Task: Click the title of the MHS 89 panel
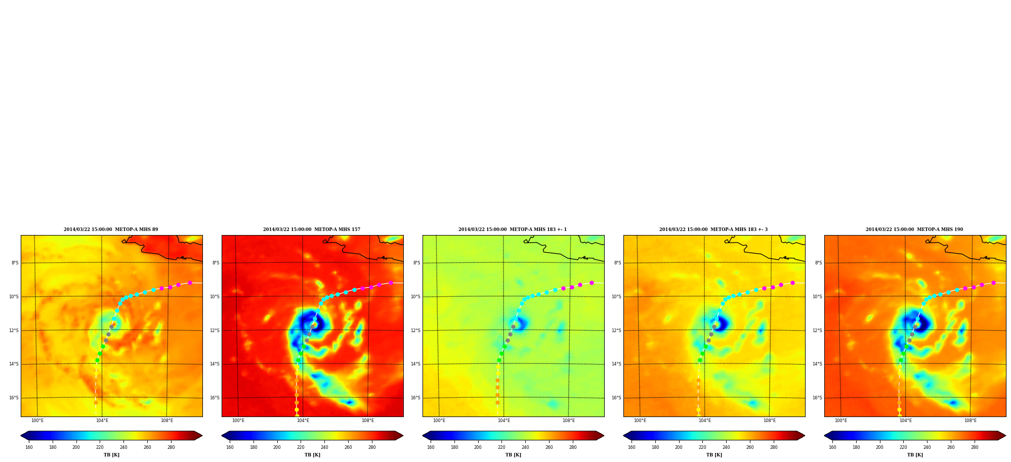tap(111, 229)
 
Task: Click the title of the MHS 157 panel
tap(312, 229)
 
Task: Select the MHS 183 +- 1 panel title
tap(513, 229)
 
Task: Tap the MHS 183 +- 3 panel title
tap(713, 229)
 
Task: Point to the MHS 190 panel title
tap(914, 229)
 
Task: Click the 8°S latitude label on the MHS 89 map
tap(15, 263)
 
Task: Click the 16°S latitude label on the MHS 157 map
tap(215, 398)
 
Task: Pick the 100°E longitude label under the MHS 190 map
tap(841, 421)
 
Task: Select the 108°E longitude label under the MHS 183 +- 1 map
tap(569, 421)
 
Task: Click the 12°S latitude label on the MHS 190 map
tap(817, 331)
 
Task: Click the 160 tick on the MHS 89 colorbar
tap(29, 447)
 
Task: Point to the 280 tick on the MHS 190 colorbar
tap(975, 447)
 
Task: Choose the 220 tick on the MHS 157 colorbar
tap(301, 447)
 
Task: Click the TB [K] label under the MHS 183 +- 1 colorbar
tap(513, 455)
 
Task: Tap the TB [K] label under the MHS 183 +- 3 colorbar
tap(714, 455)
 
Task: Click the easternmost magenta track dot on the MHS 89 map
tap(190, 283)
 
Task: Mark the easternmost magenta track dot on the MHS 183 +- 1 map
tap(592, 283)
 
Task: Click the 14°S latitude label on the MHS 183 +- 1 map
tap(415, 364)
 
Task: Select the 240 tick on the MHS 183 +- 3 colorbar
tap(726, 447)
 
